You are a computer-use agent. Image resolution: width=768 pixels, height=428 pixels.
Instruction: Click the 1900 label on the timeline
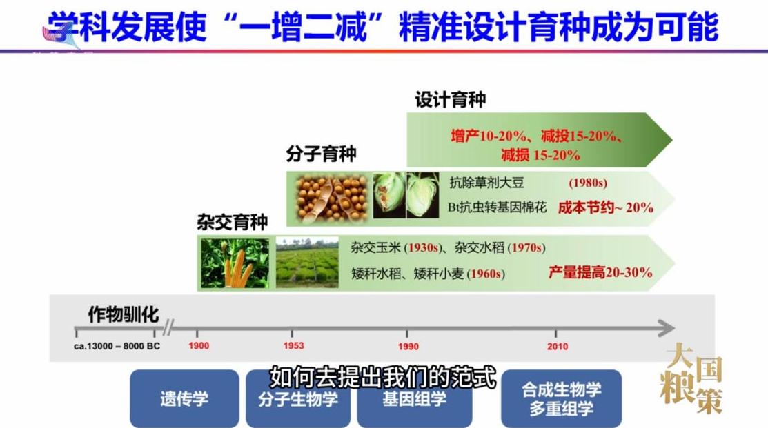198,346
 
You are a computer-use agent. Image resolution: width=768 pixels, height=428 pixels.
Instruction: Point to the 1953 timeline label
293,346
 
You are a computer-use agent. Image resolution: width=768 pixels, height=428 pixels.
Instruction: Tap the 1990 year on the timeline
408,346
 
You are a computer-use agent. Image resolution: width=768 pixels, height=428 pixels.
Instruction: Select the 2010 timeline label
557,346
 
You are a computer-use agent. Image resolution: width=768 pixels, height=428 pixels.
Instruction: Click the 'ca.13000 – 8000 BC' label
117,346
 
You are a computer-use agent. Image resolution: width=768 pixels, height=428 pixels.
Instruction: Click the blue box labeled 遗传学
184,398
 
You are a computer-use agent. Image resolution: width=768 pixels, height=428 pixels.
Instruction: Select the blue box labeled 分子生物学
298,398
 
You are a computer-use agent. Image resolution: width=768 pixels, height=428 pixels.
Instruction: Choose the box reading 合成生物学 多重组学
561,398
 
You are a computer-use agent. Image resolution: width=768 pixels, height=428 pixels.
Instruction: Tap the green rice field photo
307,263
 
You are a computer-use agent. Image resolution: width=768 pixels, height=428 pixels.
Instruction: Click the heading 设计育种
450,100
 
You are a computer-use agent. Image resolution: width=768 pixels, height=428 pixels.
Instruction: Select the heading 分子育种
321,153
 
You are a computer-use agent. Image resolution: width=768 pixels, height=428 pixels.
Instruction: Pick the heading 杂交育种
232,221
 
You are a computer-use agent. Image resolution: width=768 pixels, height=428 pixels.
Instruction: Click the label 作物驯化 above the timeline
124,315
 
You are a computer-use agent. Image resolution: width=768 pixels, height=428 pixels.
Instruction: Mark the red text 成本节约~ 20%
605,207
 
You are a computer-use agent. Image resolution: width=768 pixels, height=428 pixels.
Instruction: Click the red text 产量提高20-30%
600,272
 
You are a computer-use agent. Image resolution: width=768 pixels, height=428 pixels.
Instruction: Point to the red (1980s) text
587,183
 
